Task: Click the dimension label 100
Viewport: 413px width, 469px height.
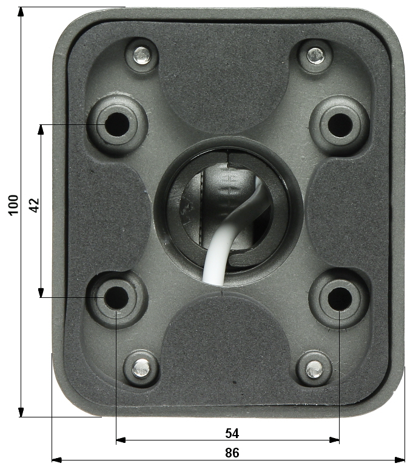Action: point(13,205)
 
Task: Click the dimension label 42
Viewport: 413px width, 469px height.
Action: point(35,205)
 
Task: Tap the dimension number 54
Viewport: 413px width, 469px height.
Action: point(232,433)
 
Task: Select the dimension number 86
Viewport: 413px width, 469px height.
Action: point(232,453)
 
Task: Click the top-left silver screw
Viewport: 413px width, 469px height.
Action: point(141,55)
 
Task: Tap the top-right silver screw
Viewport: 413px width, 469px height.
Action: point(315,56)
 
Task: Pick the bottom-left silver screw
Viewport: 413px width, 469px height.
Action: point(141,368)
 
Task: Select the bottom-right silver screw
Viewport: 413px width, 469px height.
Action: point(314,369)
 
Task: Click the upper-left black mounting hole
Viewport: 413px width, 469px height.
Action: point(117,124)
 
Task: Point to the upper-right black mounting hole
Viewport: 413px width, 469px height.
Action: point(340,125)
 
